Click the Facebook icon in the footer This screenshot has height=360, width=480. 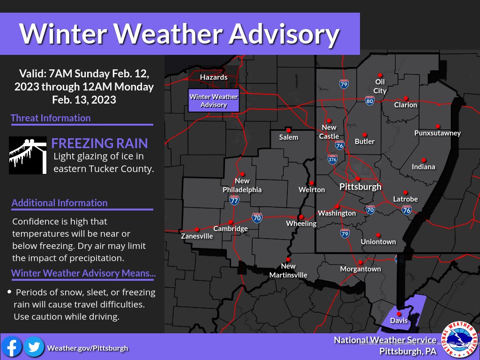click(x=12, y=347)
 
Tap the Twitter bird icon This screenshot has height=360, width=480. click(x=34, y=347)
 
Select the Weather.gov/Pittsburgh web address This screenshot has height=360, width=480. click(x=87, y=348)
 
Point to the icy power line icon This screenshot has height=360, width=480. click(x=28, y=155)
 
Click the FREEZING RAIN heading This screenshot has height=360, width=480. click(x=99, y=143)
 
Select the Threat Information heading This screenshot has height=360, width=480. click(x=51, y=118)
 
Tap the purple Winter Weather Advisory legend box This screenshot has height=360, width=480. click(x=213, y=101)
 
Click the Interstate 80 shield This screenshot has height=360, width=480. click(x=369, y=100)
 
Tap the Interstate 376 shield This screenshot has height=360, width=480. click(x=332, y=159)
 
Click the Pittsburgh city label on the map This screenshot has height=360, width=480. click(x=360, y=187)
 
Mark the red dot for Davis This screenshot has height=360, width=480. click(x=398, y=314)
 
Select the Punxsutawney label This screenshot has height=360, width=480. click(x=437, y=133)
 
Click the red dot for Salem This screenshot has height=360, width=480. click(x=289, y=130)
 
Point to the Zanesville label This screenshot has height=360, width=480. click(x=197, y=236)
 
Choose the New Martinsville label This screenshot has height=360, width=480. click(x=288, y=270)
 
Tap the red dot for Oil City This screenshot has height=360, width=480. click(x=380, y=75)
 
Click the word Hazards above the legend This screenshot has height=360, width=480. click(x=213, y=77)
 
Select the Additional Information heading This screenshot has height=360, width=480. click(x=60, y=202)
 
